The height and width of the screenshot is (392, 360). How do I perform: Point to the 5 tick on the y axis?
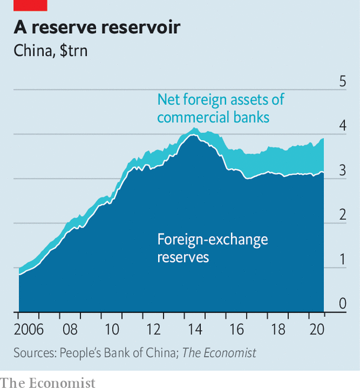click(342, 82)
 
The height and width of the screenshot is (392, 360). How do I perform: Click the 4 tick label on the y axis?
click(342, 126)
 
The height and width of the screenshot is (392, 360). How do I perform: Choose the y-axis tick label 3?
click(342, 171)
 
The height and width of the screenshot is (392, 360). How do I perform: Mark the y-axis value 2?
click(342, 215)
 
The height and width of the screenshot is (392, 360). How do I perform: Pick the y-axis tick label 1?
click(342, 259)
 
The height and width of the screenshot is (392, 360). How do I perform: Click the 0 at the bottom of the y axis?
click(342, 304)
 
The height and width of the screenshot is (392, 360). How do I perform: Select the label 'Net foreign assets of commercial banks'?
click(220, 108)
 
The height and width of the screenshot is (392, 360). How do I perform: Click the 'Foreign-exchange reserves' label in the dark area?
click(212, 248)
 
